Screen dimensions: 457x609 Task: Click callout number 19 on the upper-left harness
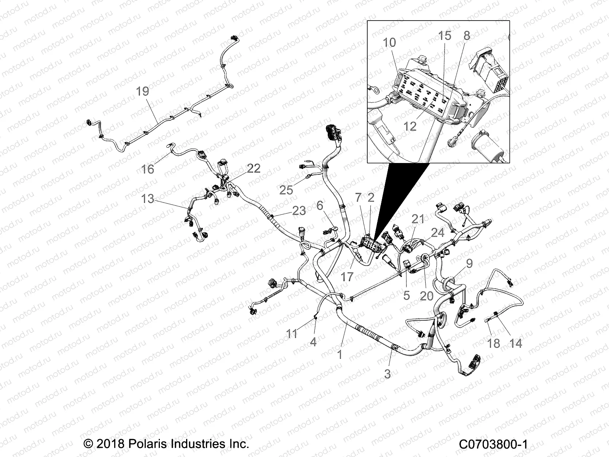pyautogui.click(x=142, y=92)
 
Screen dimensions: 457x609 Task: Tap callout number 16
pyautogui.click(x=147, y=169)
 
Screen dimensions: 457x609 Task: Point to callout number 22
pyautogui.click(x=253, y=168)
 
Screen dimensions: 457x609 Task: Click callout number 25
pyautogui.click(x=286, y=190)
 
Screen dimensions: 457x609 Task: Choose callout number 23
pyautogui.click(x=299, y=211)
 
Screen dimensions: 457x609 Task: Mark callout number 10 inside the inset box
pyautogui.click(x=389, y=42)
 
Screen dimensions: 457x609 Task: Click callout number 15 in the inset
pyautogui.click(x=445, y=35)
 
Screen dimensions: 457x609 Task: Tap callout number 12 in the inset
pyautogui.click(x=410, y=126)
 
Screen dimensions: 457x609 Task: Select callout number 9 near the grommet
pyautogui.click(x=469, y=263)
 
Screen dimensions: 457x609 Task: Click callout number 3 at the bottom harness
pyautogui.click(x=387, y=374)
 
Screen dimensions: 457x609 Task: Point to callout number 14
pyautogui.click(x=515, y=343)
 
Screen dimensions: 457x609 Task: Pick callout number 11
pyautogui.click(x=292, y=334)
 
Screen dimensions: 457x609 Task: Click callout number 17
pyautogui.click(x=347, y=276)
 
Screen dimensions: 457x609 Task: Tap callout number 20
pyautogui.click(x=427, y=296)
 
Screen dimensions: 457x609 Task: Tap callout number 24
pyautogui.click(x=437, y=232)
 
